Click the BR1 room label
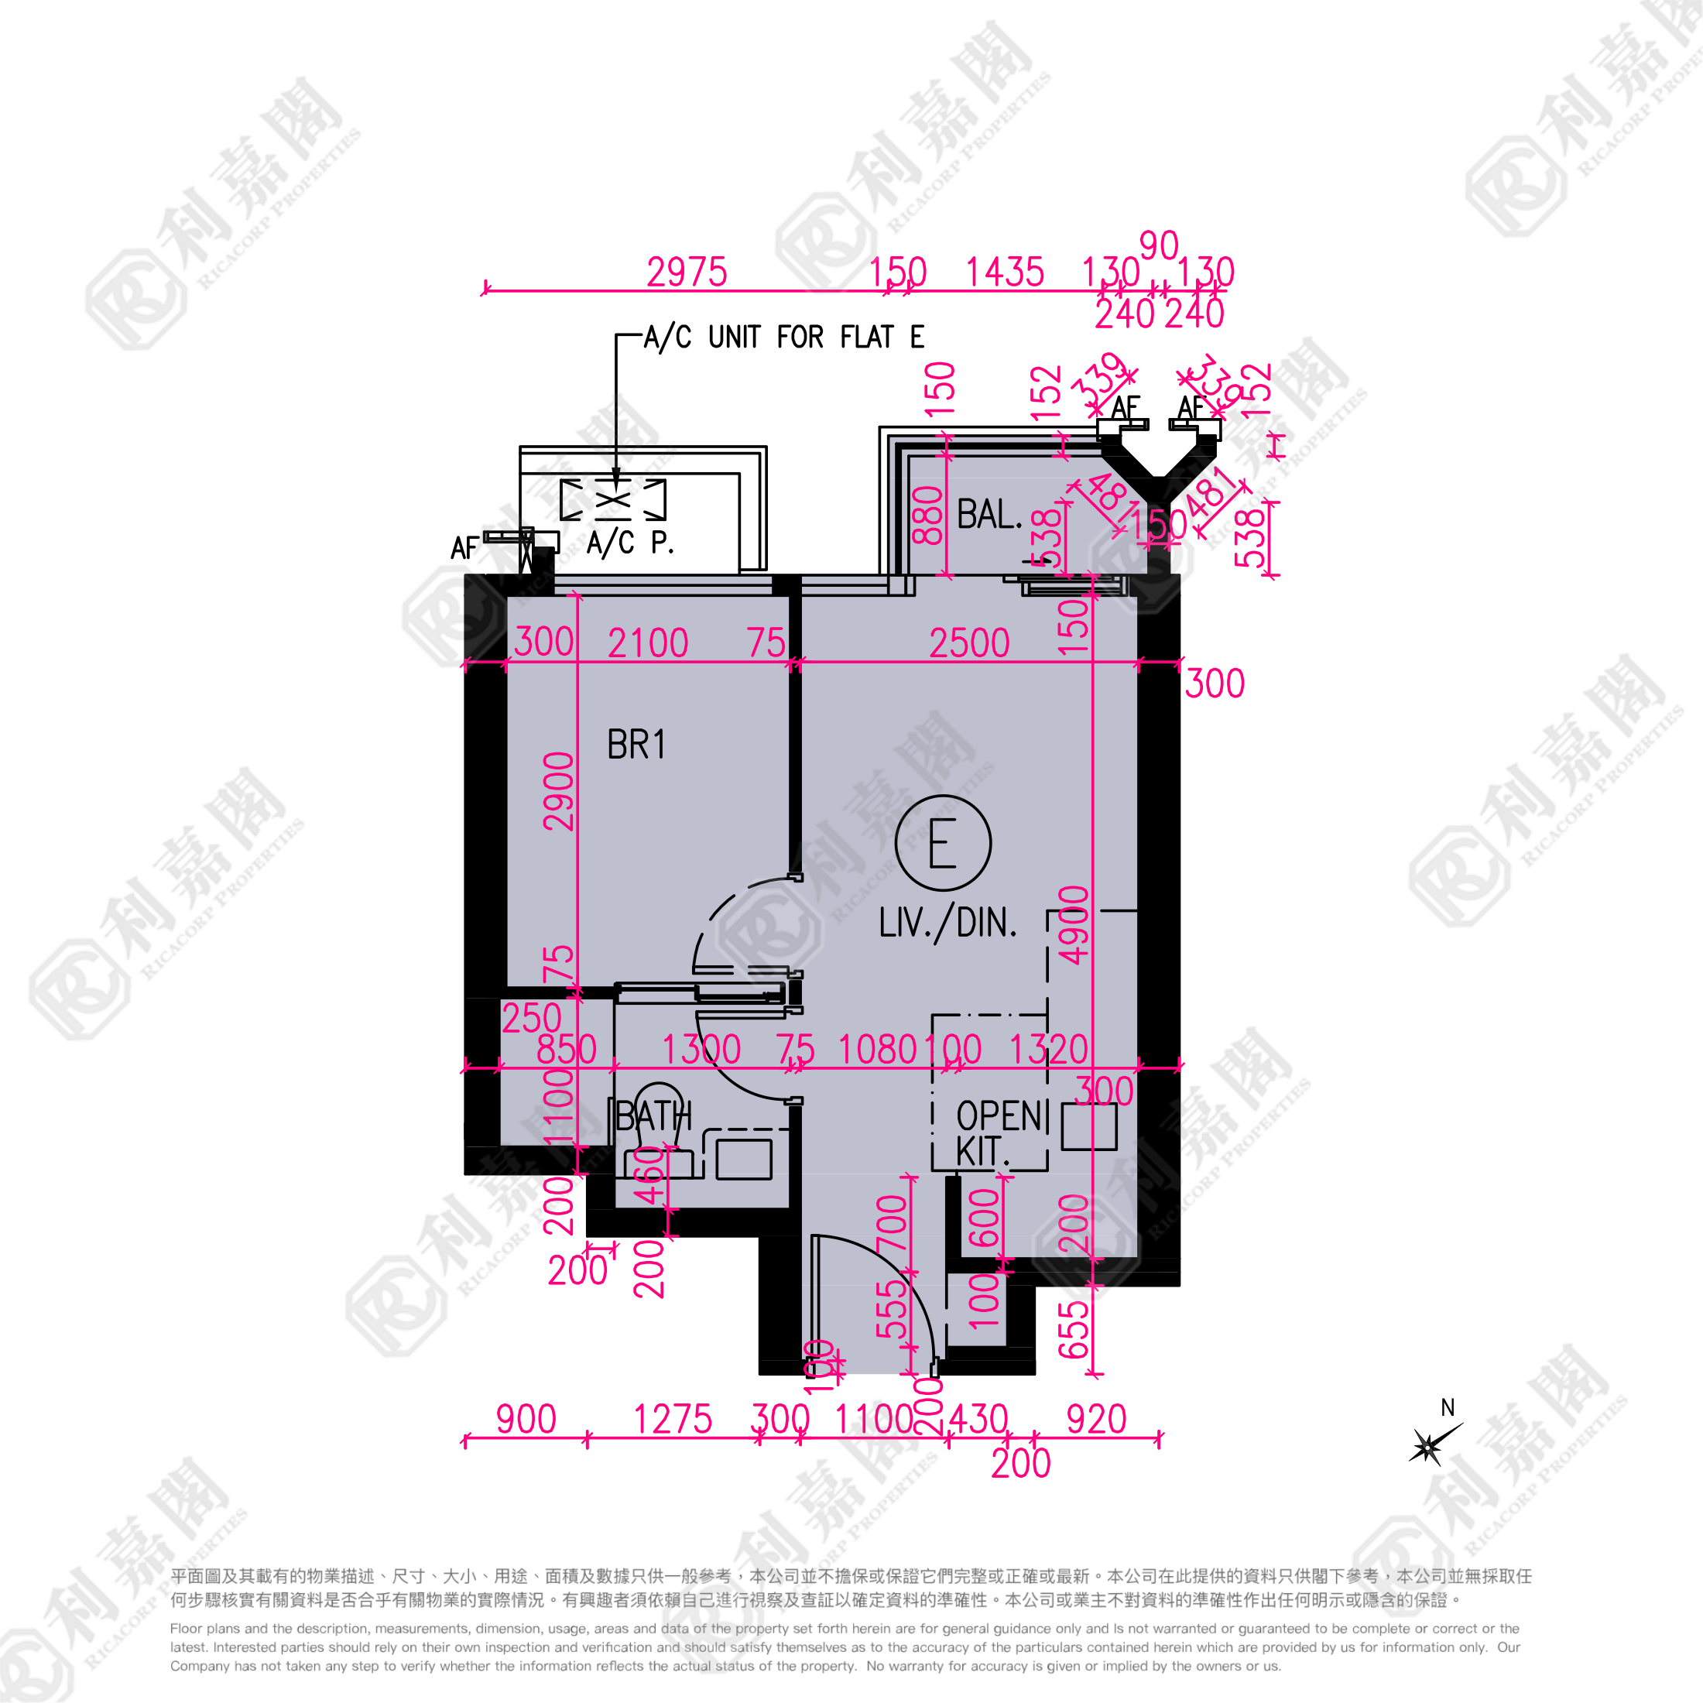point(636,745)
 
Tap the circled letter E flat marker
point(942,843)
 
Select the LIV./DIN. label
point(947,923)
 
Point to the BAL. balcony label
point(989,514)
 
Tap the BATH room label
point(653,1117)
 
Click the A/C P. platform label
point(630,542)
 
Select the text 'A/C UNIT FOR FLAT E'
point(783,337)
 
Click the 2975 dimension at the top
point(687,272)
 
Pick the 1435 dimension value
point(1004,272)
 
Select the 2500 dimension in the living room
point(968,643)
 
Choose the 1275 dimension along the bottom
point(673,1420)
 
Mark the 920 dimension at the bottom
point(1095,1420)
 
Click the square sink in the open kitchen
point(1088,1126)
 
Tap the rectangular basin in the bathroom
point(744,1159)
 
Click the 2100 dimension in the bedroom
point(648,643)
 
